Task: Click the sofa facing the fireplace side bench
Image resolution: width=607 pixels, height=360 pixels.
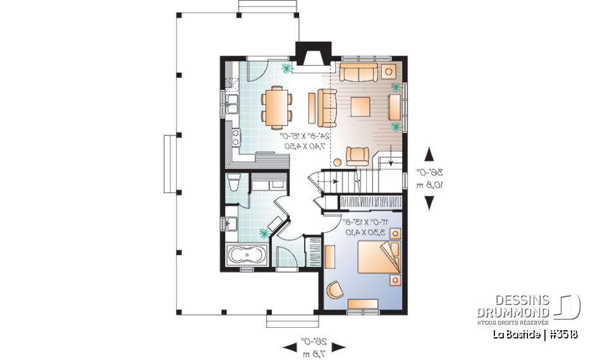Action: pos(328,106)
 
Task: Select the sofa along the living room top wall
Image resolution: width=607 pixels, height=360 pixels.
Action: pos(359,72)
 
